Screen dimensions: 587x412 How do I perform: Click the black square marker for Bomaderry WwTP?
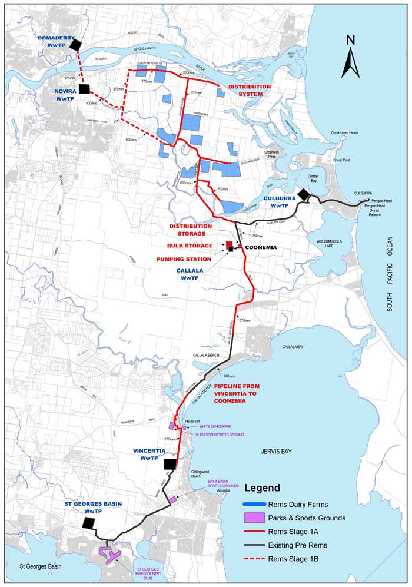point(75,45)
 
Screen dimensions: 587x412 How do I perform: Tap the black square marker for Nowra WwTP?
point(84,89)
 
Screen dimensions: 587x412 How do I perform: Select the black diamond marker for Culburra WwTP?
point(304,194)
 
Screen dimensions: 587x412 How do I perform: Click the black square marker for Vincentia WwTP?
point(171,464)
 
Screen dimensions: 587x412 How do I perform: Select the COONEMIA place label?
point(261,247)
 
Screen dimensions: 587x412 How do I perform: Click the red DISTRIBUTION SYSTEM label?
point(250,90)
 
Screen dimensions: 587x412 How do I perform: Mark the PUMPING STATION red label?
point(184,258)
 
